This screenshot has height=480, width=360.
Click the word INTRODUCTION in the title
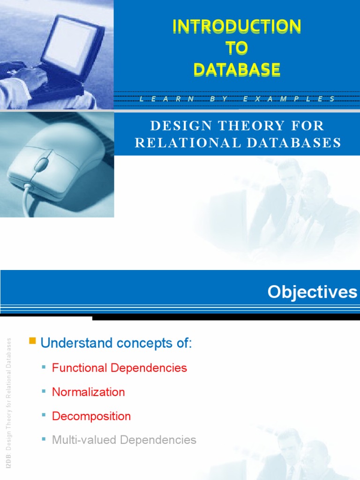coord(237,27)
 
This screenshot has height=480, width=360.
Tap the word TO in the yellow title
coord(237,48)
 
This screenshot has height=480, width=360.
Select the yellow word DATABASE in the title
coord(237,69)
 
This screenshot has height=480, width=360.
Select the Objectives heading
coord(312,292)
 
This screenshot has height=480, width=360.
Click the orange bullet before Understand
coord(32,341)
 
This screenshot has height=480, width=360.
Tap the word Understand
coord(72,343)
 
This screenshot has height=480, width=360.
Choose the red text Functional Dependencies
coord(120,368)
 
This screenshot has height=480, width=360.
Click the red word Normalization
coord(89,392)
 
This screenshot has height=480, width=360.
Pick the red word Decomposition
coord(91,416)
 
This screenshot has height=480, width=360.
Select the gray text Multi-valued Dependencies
coord(124,440)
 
